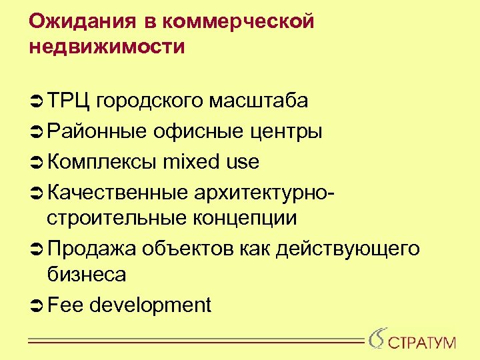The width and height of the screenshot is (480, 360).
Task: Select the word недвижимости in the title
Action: (107, 47)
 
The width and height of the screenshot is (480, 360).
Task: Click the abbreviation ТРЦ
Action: (69, 101)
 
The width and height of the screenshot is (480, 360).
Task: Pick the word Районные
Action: (97, 131)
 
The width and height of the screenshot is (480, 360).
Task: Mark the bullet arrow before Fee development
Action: (36, 305)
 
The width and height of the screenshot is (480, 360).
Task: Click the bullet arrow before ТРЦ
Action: (36, 101)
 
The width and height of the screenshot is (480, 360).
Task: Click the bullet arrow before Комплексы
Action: (36, 162)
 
